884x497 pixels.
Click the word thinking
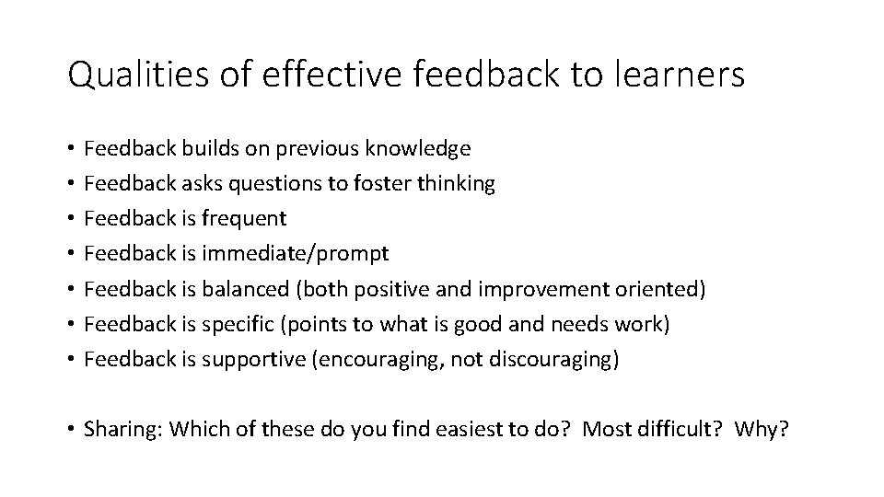pyautogui.click(x=455, y=183)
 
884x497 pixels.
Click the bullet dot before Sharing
pyautogui.click(x=71, y=430)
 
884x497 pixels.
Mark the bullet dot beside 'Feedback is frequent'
pyautogui.click(x=71, y=219)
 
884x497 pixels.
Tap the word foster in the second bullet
pyautogui.click(x=381, y=183)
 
